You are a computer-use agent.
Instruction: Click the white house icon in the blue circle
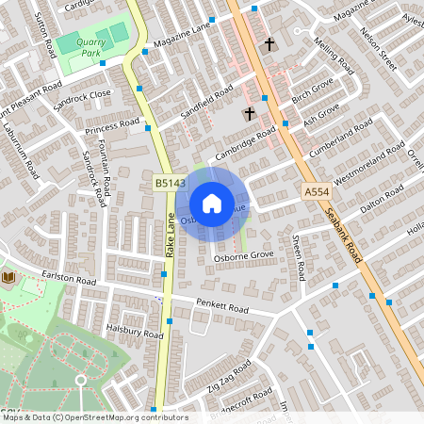pyautogui.click(x=212, y=203)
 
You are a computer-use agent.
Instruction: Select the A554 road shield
pyautogui.click(x=317, y=191)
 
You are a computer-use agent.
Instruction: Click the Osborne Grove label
pyautogui.click(x=243, y=255)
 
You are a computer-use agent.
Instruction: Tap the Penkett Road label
pyautogui.click(x=221, y=307)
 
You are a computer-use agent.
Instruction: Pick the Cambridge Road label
pyautogui.click(x=244, y=142)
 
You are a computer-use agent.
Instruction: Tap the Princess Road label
pyautogui.click(x=112, y=125)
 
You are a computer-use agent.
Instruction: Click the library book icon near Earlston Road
pyautogui.click(x=8, y=277)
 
